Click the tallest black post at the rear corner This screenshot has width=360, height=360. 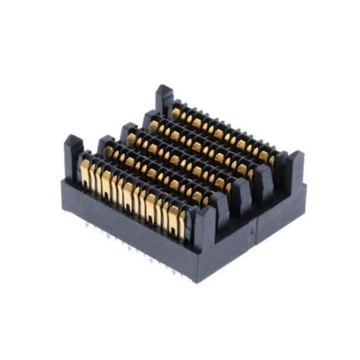tap(164, 97)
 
